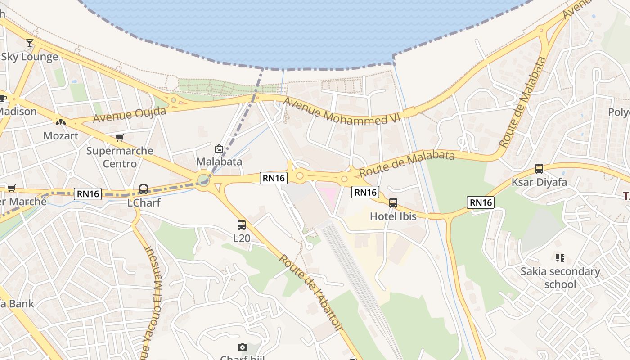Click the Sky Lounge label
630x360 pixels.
30,57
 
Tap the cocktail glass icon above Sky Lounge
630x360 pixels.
30,43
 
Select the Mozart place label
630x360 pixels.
61,135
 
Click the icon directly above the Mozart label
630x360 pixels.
61,121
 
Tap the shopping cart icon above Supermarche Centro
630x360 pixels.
119,138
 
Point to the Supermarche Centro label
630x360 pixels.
120,157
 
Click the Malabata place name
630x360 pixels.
219,162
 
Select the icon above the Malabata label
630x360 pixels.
219,148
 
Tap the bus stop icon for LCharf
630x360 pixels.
144,189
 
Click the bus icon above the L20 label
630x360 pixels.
242,225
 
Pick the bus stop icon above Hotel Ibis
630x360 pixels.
393,202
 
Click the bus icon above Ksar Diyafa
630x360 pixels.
539,169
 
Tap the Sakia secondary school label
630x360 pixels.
560,278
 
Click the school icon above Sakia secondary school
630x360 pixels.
560,258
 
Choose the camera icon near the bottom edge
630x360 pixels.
242,347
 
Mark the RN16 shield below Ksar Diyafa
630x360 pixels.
481,202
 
